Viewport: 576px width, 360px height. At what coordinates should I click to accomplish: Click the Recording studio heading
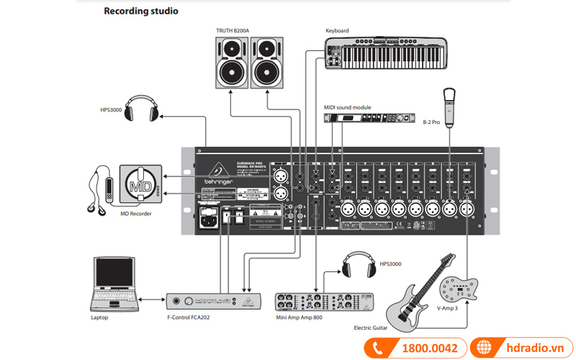click(x=141, y=12)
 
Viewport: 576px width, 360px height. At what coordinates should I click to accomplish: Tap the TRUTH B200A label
click(x=236, y=30)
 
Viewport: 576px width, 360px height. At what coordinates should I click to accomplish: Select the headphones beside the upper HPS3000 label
click(x=142, y=109)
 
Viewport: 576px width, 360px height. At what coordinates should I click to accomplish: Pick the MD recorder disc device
click(x=140, y=184)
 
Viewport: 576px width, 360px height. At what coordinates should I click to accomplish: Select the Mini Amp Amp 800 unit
click(x=336, y=301)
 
